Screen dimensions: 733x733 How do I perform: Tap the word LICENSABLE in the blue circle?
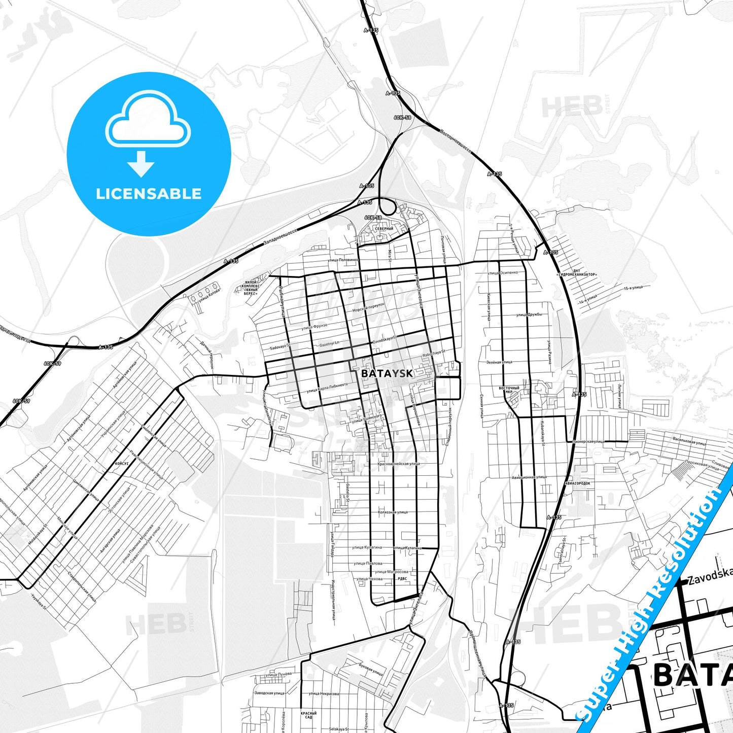149,194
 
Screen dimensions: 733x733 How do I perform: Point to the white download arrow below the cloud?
141,163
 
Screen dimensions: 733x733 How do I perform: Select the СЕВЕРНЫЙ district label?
384,229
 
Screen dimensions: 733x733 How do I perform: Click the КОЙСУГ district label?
122,463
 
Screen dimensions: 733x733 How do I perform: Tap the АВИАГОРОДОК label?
578,483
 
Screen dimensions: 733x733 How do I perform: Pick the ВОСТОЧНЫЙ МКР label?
509,390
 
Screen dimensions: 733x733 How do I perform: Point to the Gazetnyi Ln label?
329,344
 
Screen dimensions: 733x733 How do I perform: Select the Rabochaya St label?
433,351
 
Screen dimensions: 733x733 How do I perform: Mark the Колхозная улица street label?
393,512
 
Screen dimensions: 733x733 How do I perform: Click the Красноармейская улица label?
399,464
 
